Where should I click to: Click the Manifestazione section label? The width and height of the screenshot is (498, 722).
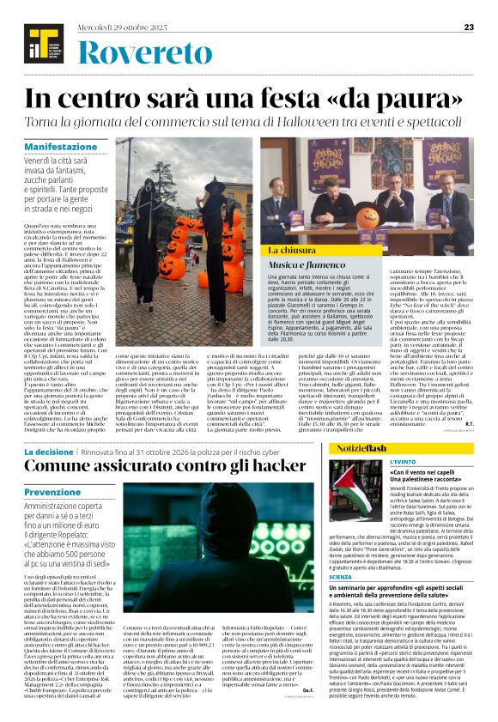(x=61, y=147)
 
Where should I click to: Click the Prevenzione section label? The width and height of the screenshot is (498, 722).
(x=52, y=492)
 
